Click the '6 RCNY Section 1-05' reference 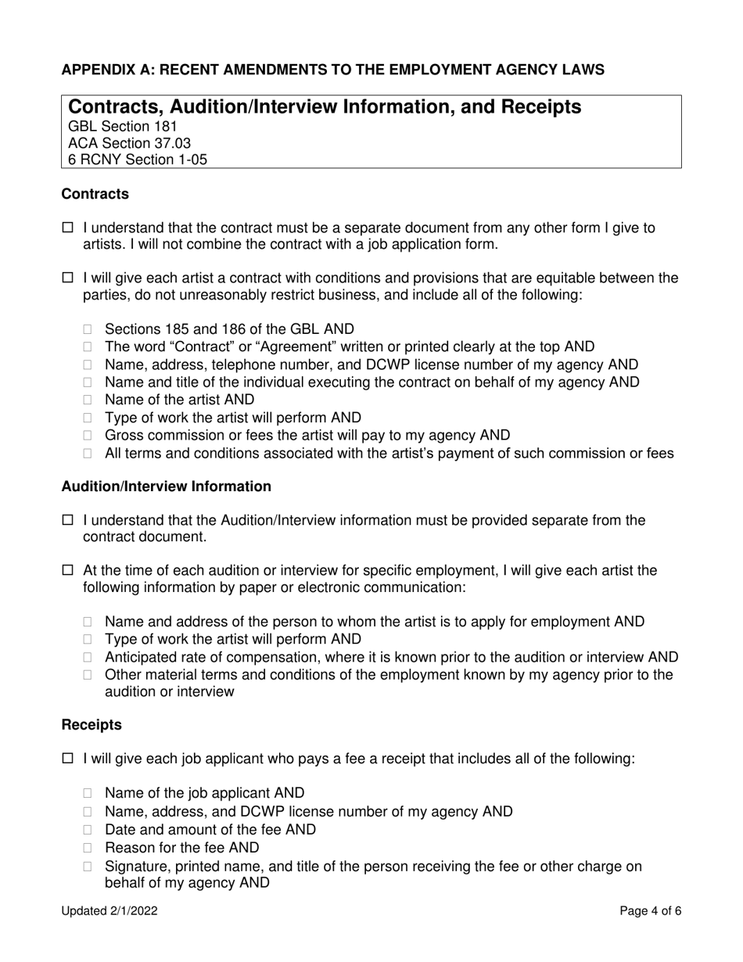(x=138, y=160)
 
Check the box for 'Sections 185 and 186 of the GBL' (x=88, y=330)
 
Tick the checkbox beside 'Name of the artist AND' (x=88, y=400)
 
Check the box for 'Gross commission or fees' (x=88, y=436)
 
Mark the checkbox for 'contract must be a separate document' (x=67, y=228)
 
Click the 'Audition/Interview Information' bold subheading (x=166, y=486)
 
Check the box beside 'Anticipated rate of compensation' (x=88, y=658)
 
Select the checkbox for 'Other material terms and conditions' (x=88, y=675)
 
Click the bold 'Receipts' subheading (x=92, y=725)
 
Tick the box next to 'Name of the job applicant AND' (x=88, y=794)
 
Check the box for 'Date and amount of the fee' (x=88, y=831)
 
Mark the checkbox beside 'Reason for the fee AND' (x=88, y=849)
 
